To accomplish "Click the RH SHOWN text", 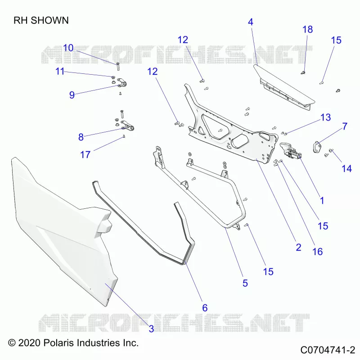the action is point(41,20).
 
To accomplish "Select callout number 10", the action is point(68,48).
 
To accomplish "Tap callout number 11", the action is point(60,72).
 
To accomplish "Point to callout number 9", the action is point(72,95).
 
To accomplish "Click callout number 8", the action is point(81,137).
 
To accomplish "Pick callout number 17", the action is point(85,155).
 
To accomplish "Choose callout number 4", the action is point(251,22).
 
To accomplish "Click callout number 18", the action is point(308,29).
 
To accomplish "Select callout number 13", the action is point(325,117).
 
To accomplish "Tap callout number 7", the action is point(345,126).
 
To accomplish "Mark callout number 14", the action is point(346,169).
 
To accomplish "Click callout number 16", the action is point(318,252).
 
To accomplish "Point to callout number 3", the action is point(151,329).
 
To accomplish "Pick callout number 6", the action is point(205,308).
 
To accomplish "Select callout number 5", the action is point(245,283).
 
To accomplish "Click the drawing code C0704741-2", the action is point(328,350).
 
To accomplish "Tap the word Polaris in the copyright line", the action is point(58,343).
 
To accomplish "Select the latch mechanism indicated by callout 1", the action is point(290,150).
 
